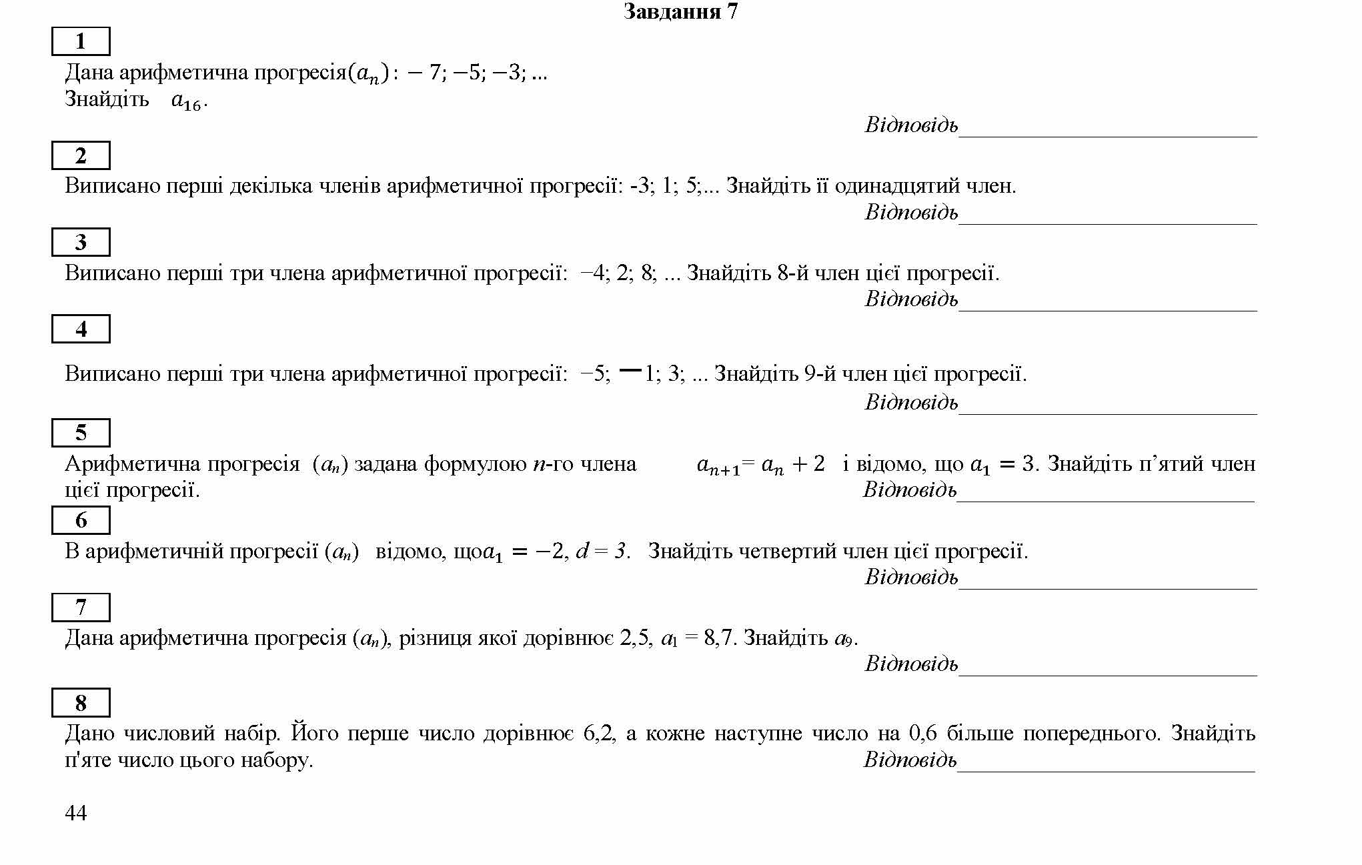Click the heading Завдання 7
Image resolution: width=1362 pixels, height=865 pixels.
pyautogui.click(x=680, y=12)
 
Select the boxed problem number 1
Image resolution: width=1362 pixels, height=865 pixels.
pyautogui.click(x=81, y=42)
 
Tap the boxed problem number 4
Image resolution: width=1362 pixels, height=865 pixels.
pyautogui.click(x=81, y=329)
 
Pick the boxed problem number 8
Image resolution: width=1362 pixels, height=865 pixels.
pyautogui.click(x=81, y=703)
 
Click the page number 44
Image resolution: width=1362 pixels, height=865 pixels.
pyautogui.click(x=75, y=813)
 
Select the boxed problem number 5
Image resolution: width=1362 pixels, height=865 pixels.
pyautogui.click(x=81, y=434)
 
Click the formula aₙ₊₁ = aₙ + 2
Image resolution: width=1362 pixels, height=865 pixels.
pyautogui.click(x=760, y=464)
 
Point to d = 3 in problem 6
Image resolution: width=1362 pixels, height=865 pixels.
pyautogui.click(x=602, y=552)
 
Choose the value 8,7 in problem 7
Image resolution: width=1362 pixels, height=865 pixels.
pyautogui.click(x=720, y=639)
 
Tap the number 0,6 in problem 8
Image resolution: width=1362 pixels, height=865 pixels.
pyautogui.click(x=922, y=734)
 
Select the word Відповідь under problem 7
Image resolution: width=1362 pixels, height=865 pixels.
pyautogui.click(x=911, y=664)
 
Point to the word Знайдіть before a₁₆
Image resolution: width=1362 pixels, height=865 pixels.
pyautogui.click(x=107, y=99)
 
